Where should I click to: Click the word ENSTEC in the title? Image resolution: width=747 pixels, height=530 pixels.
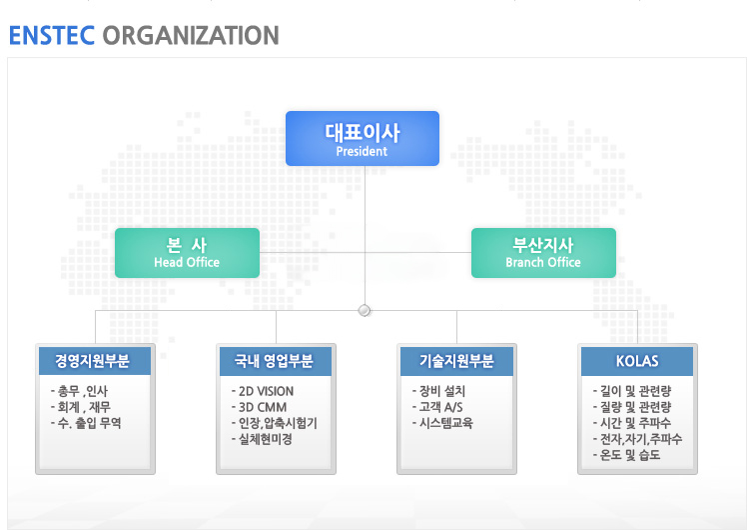(x=52, y=36)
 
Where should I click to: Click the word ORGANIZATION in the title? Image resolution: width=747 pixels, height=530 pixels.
(x=191, y=36)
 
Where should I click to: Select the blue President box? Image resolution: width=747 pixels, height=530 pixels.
(x=363, y=138)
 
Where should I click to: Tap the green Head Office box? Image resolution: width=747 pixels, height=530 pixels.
(x=187, y=253)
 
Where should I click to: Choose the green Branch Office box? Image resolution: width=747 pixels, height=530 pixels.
(x=543, y=253)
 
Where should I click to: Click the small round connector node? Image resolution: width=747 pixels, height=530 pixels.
(x=365, y=311)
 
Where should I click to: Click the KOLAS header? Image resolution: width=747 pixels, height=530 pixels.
(x=637, y=361)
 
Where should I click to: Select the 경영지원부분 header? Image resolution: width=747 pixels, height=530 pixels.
(x=95, y=361)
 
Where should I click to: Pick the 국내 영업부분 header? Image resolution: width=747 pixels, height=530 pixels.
(x=276, y=361)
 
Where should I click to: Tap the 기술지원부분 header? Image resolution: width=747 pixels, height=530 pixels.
(x=456, y=361)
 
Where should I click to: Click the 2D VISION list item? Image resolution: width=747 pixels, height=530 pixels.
(x=263, y=391)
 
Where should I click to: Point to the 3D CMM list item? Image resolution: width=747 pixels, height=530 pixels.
(x=260, y=407)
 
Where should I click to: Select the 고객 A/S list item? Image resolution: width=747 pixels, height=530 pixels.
(x=437, y=407)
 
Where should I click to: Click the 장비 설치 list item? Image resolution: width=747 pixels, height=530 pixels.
(x=438, y=391)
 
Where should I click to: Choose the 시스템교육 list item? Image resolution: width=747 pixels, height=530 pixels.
(x=442, y=423)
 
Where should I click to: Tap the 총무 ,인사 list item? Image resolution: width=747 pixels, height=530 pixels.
(x=79, y=391)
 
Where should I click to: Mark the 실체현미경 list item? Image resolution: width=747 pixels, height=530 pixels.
(x=262, y=439)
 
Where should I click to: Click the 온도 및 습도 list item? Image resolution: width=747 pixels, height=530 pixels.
(x=626, y=455)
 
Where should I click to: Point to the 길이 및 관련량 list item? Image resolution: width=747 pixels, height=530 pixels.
(x=632, y=391)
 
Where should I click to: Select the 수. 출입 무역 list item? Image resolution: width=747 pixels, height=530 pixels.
(x=86, y=423)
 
